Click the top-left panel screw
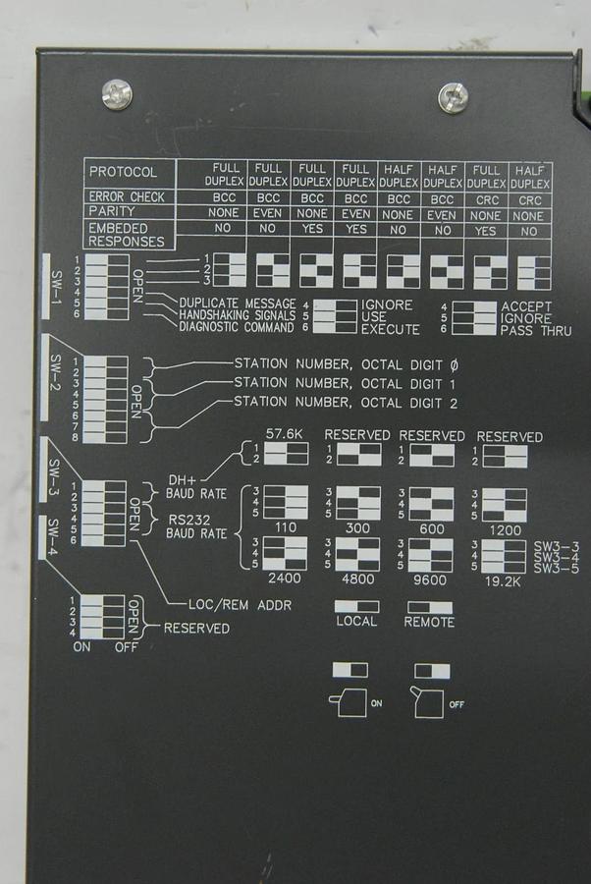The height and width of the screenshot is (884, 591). point(117,94)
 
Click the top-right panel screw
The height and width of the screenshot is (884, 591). point(453,97)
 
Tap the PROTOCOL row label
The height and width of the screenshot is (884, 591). point(124,171)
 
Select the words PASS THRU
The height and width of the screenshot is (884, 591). point(536,330)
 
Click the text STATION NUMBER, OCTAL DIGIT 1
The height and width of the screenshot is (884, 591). point(345,382)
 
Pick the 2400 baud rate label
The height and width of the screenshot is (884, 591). point(286,579)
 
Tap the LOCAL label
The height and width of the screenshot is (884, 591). point(355,622)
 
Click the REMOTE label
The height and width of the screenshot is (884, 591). point(429,622)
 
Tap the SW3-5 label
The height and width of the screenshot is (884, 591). point(557,567)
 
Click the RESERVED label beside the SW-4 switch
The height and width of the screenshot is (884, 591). point(196,628)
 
